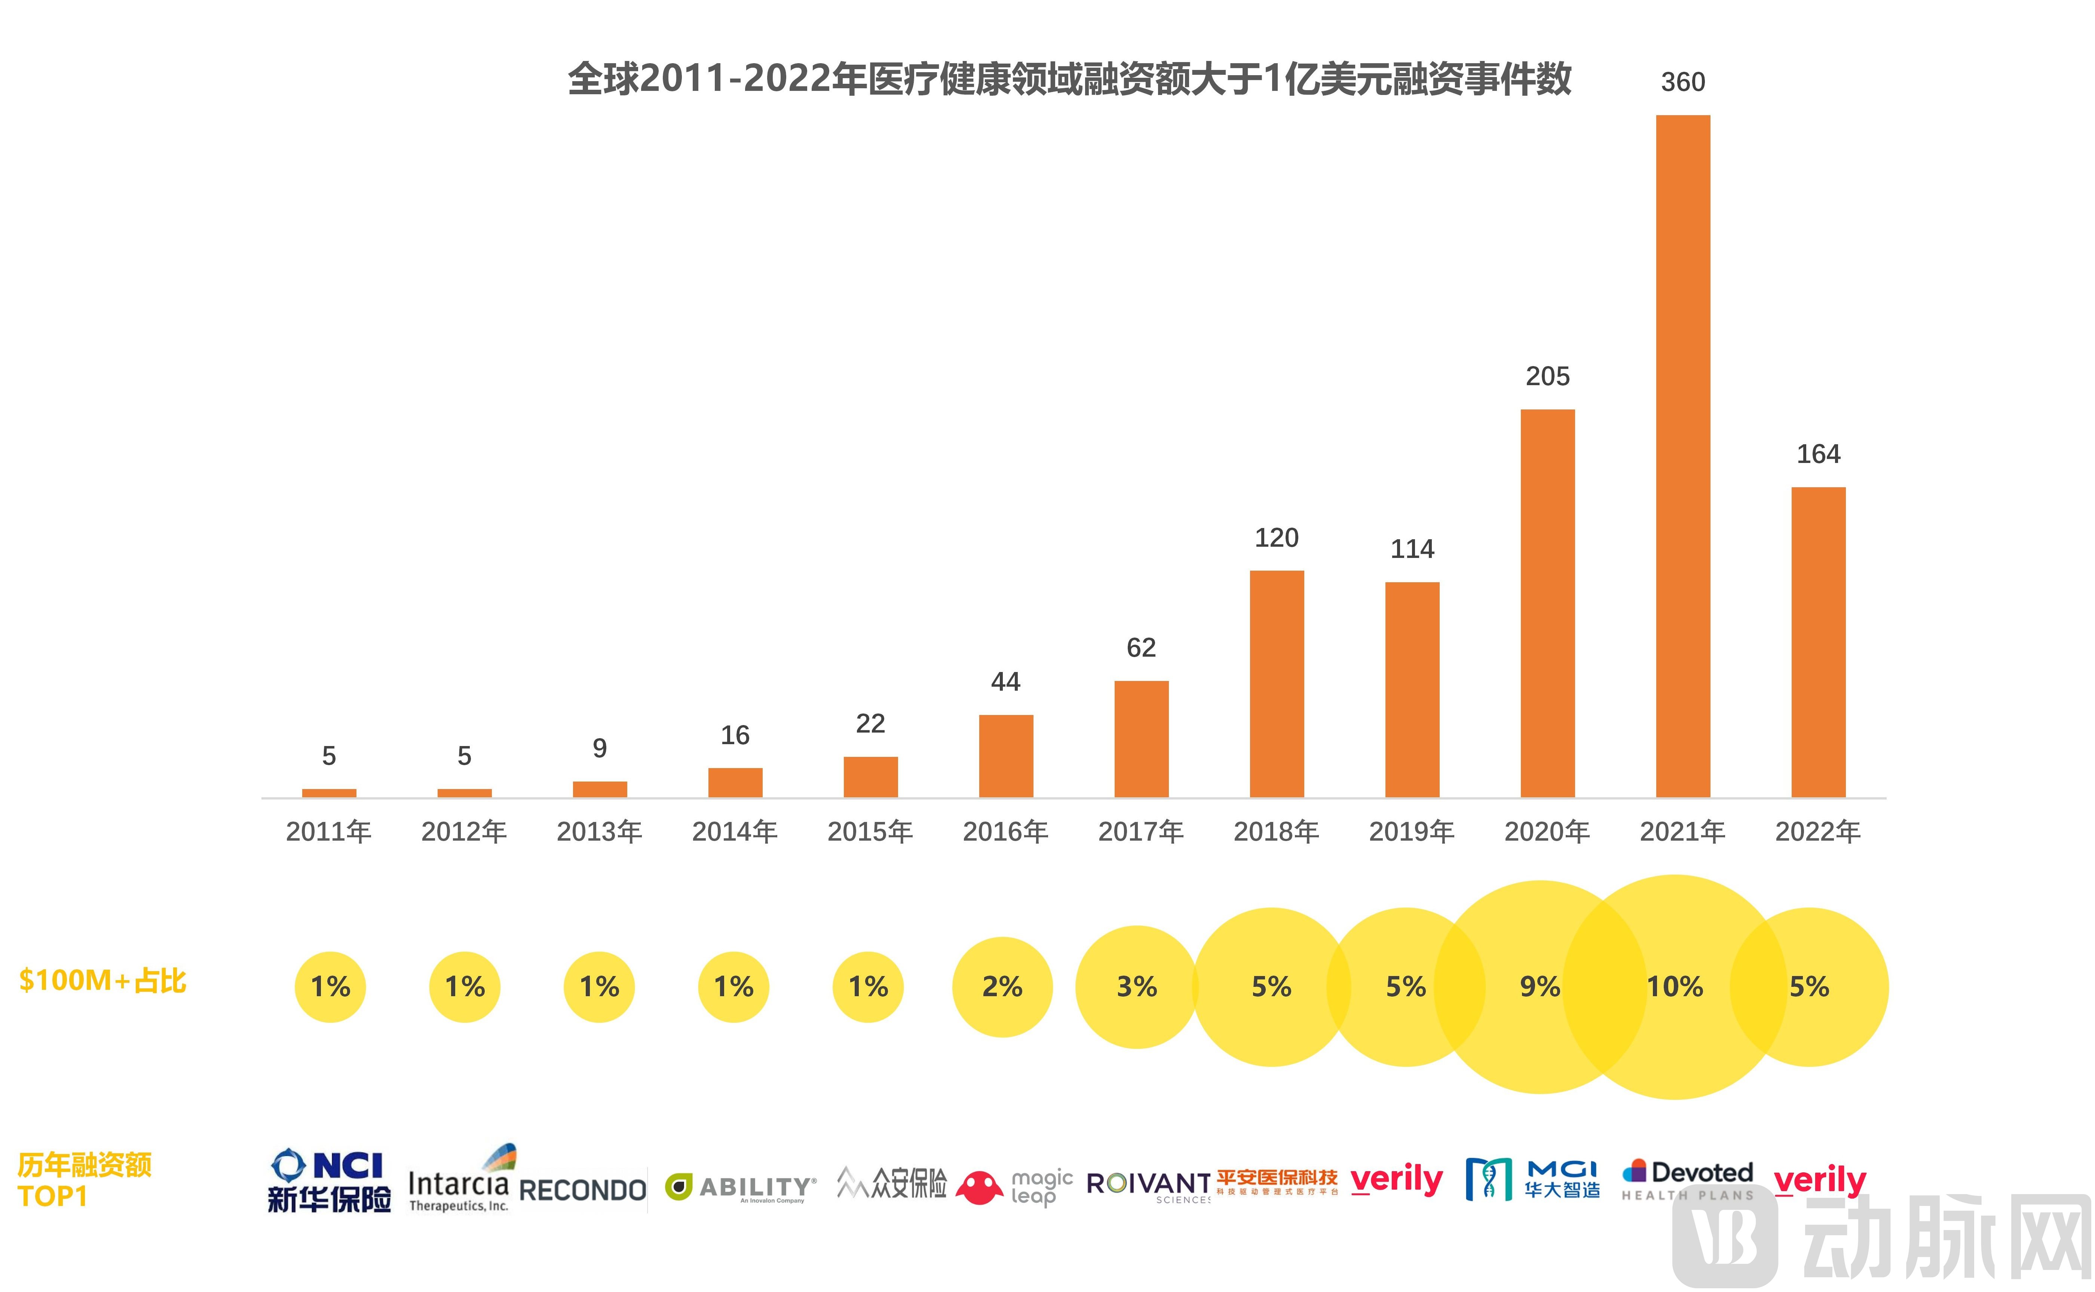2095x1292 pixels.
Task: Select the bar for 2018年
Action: pos(1276,684)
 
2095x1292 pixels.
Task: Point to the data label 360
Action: pos(1682,82)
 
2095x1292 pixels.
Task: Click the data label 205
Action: pos(1547,376)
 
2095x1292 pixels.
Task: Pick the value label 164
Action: pos(1818,454)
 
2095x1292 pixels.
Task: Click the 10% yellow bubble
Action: pos(1673,987)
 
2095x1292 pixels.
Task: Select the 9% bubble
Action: pos(1540,987)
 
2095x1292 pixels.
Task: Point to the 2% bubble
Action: pos(1002,987)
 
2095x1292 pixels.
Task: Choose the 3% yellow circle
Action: pos(1136,987)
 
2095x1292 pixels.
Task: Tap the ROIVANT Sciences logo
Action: pos(1148,1186)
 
